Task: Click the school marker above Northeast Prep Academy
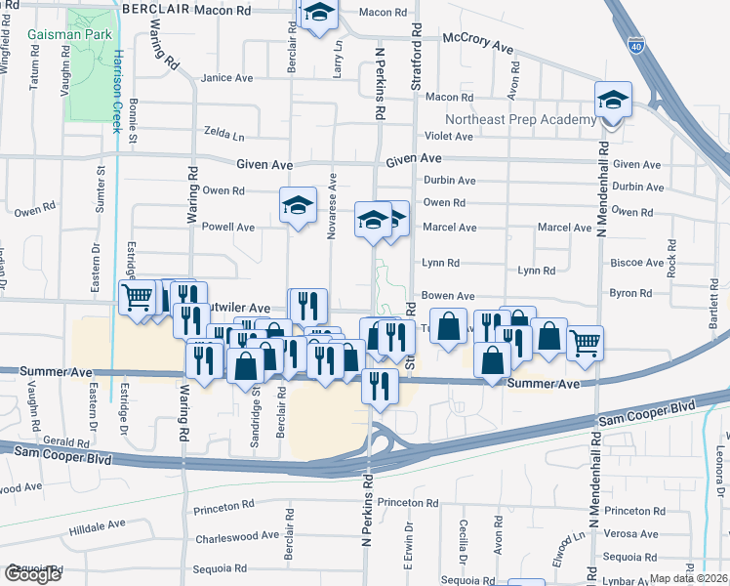coord(612,101)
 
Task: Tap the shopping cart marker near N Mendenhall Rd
coord(585,341)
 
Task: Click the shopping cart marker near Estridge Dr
coord(138,296)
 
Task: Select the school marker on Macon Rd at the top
coord(318,14)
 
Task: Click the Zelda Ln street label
coord(224,132)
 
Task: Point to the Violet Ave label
coord(448,137)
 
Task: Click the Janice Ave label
coord(226,77)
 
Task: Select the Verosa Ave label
coord(630,534)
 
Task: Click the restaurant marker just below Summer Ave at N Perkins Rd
coord(380,385)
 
